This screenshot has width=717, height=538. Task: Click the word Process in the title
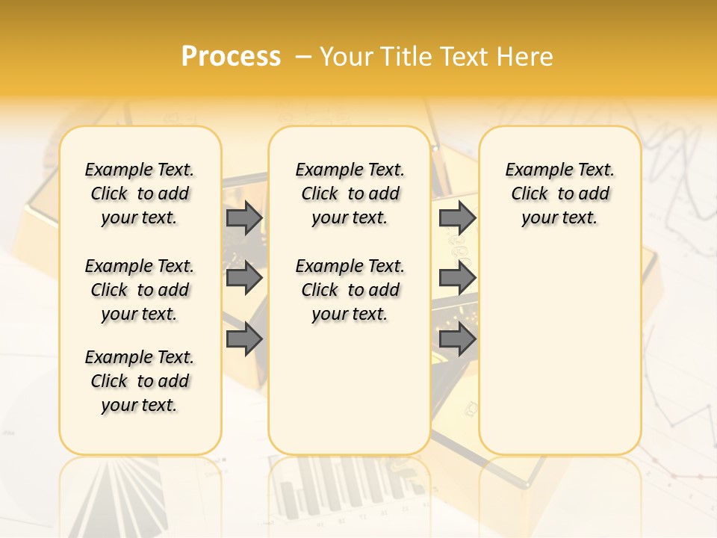[231, 56]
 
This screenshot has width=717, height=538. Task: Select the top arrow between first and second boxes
[244, 218]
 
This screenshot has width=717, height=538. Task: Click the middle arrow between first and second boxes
[244, 278]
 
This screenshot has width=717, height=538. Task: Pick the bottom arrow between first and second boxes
[244, 339]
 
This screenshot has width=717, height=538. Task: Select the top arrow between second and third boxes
[457, 218]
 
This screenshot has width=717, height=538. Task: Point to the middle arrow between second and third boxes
[457, 278]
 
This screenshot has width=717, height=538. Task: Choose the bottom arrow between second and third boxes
[457, 339]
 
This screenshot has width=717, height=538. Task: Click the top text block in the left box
[140, 194]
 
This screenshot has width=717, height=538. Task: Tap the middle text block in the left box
[140, 290]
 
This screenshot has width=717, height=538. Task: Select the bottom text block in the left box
[140, 381]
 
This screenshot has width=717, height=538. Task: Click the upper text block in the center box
[350, 194]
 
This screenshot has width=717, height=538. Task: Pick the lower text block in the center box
[350, 290]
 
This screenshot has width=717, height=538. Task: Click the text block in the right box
[559, 194]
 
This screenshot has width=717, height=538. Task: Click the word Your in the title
[347, 56]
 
